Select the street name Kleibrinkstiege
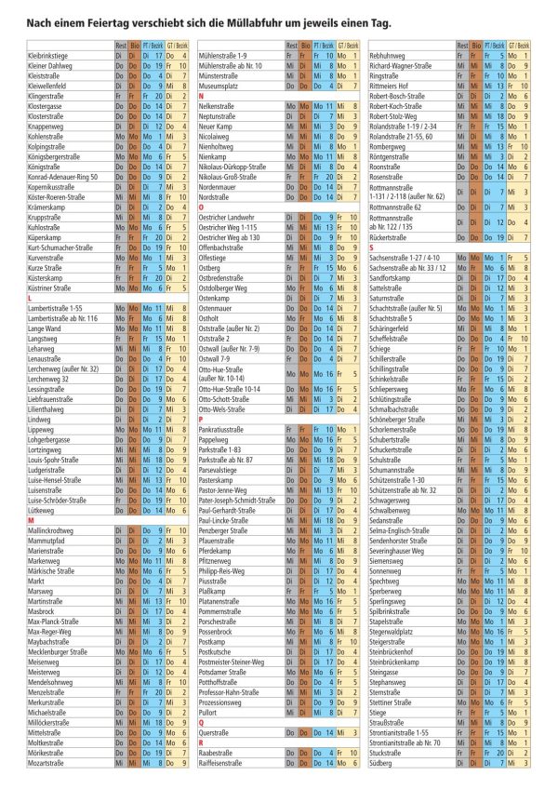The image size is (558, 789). pos(53,57)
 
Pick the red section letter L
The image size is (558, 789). pos(31,298)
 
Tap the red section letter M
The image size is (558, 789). pos(32,519)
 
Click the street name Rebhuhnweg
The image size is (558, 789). pos(392,57)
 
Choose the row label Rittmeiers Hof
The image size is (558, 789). pos(392,86)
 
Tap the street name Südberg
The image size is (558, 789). pos(383,763)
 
